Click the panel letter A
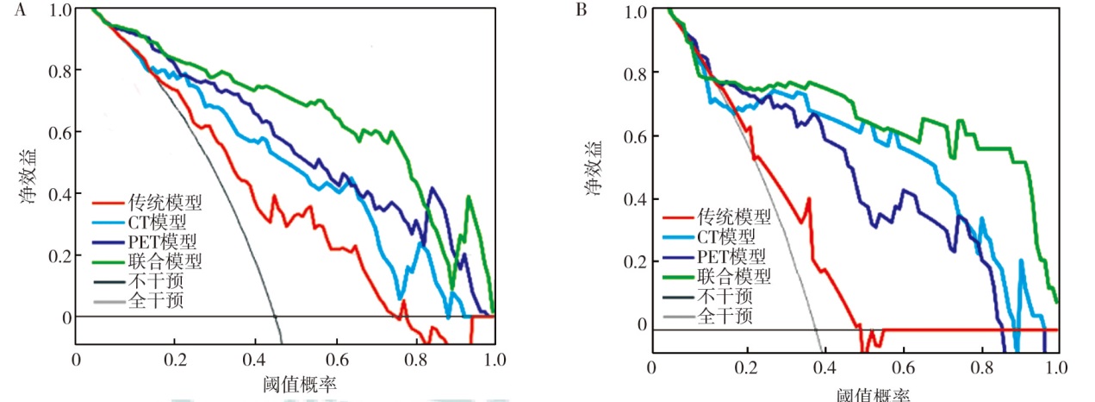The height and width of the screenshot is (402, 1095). [7, 10]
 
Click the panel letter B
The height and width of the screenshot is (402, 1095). [582, 10]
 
